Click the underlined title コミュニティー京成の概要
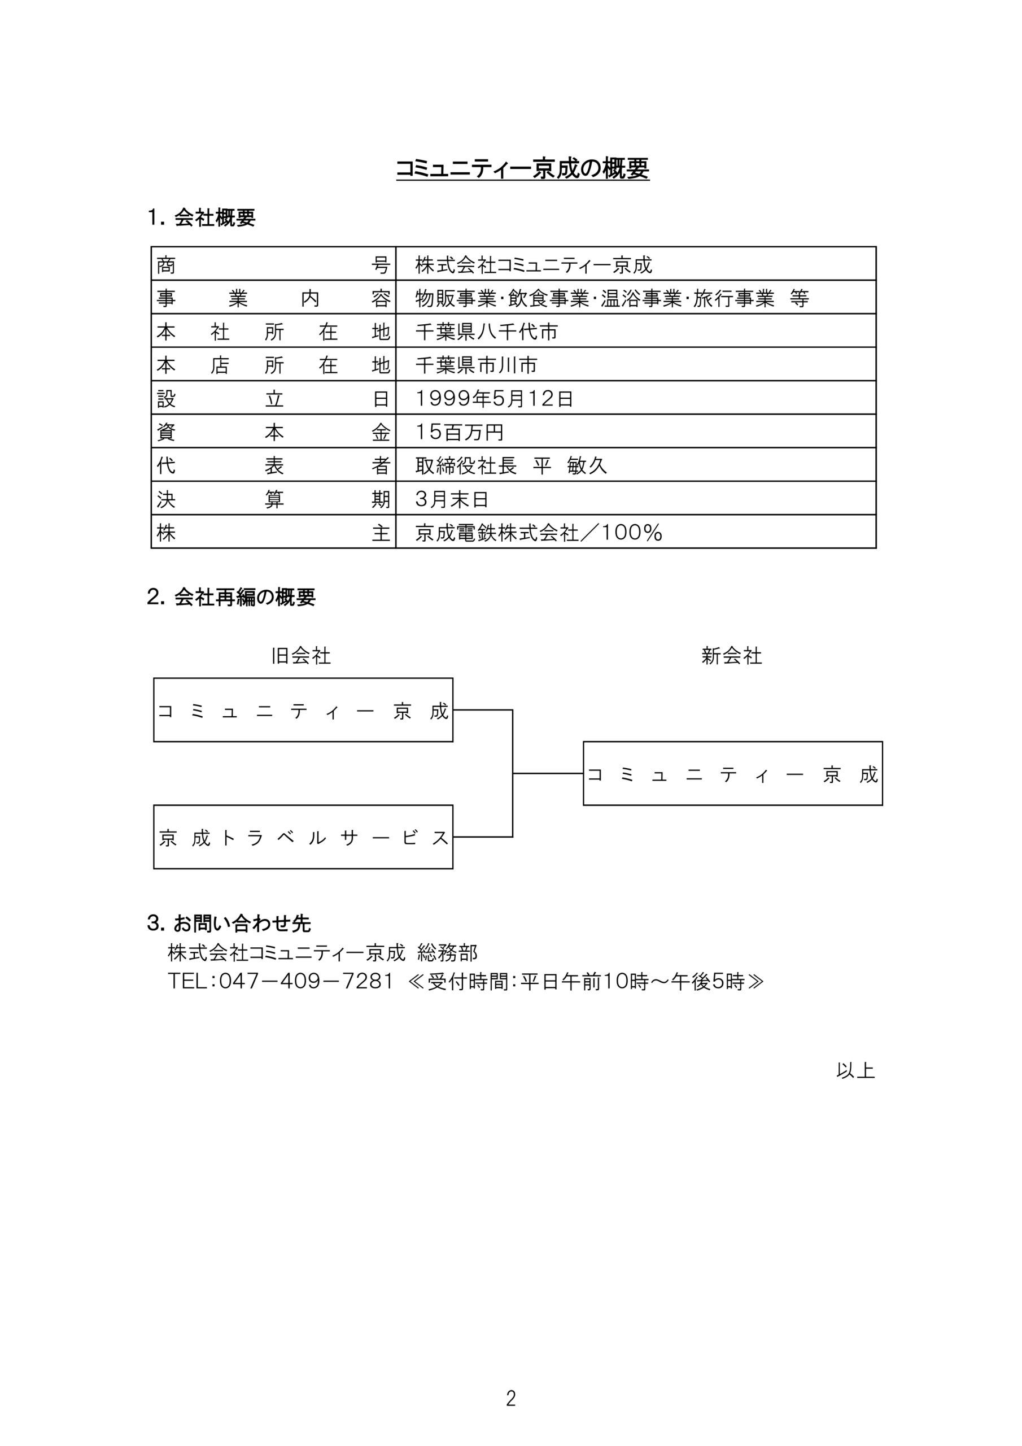coord(522,169)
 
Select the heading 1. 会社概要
coord(201,218)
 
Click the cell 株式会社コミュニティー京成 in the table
coord(534,265)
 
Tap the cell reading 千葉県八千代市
coord(486,332)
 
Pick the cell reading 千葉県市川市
coord(476,365)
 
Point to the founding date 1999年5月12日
coord(494,399)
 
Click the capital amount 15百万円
coord(459,432)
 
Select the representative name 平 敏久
coord(569,466)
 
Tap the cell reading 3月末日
coord(452,499)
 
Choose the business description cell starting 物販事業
coord(612,299)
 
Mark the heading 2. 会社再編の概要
coord(230,597)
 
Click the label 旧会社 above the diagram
coord(300,656)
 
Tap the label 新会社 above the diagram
coord(731,656)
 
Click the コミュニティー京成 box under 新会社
coord(732,774)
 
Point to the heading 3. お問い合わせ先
coord(229,924)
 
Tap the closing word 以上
coord(855,1070)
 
